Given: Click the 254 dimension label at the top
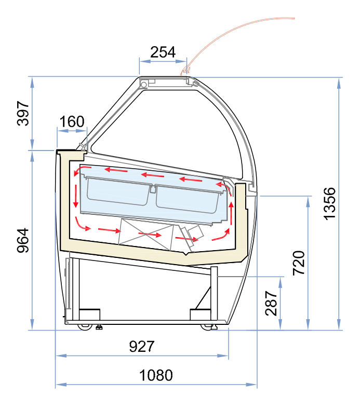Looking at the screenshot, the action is click(x=163, y=52).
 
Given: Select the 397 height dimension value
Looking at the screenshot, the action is click(x=23, y=113).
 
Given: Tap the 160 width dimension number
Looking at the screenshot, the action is click(x=72, y=121).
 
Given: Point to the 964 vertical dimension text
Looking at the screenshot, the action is click(x=23, y=240).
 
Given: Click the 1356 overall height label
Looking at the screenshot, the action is click(x=329, y=204).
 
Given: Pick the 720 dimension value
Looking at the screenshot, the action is click(x=299, y=263).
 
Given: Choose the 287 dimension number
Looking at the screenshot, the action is click(x=271, y=303).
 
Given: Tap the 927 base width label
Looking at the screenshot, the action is click(x=142, y=346).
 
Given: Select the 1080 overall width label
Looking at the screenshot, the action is click(x=156, y=375).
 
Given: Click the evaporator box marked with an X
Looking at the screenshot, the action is click(x=146, y=235).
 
